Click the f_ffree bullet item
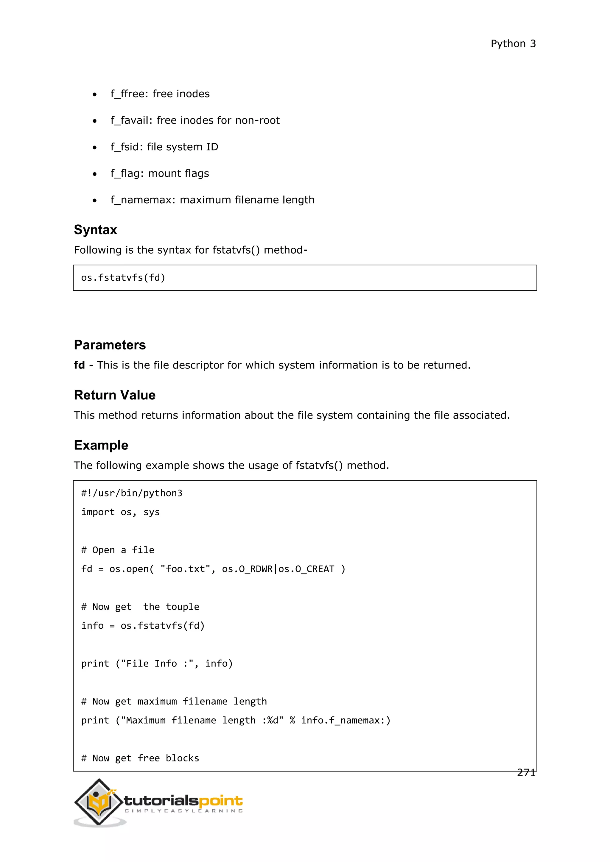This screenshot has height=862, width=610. coord(160,94)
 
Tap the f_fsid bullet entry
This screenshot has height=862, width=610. coord(164,147)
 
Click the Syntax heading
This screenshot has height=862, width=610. coord(95,230)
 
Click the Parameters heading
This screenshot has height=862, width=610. coord(110,345)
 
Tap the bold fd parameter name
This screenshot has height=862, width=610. coord(79,365)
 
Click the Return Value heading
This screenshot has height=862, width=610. coord(115,395)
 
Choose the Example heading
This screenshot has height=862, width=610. coord(101,445)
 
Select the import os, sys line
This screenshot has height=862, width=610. coord(121,513)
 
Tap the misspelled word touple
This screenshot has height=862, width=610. coord(183,607)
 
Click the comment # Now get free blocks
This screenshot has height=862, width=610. coord(140,758)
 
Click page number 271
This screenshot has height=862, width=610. coord(526,773)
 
